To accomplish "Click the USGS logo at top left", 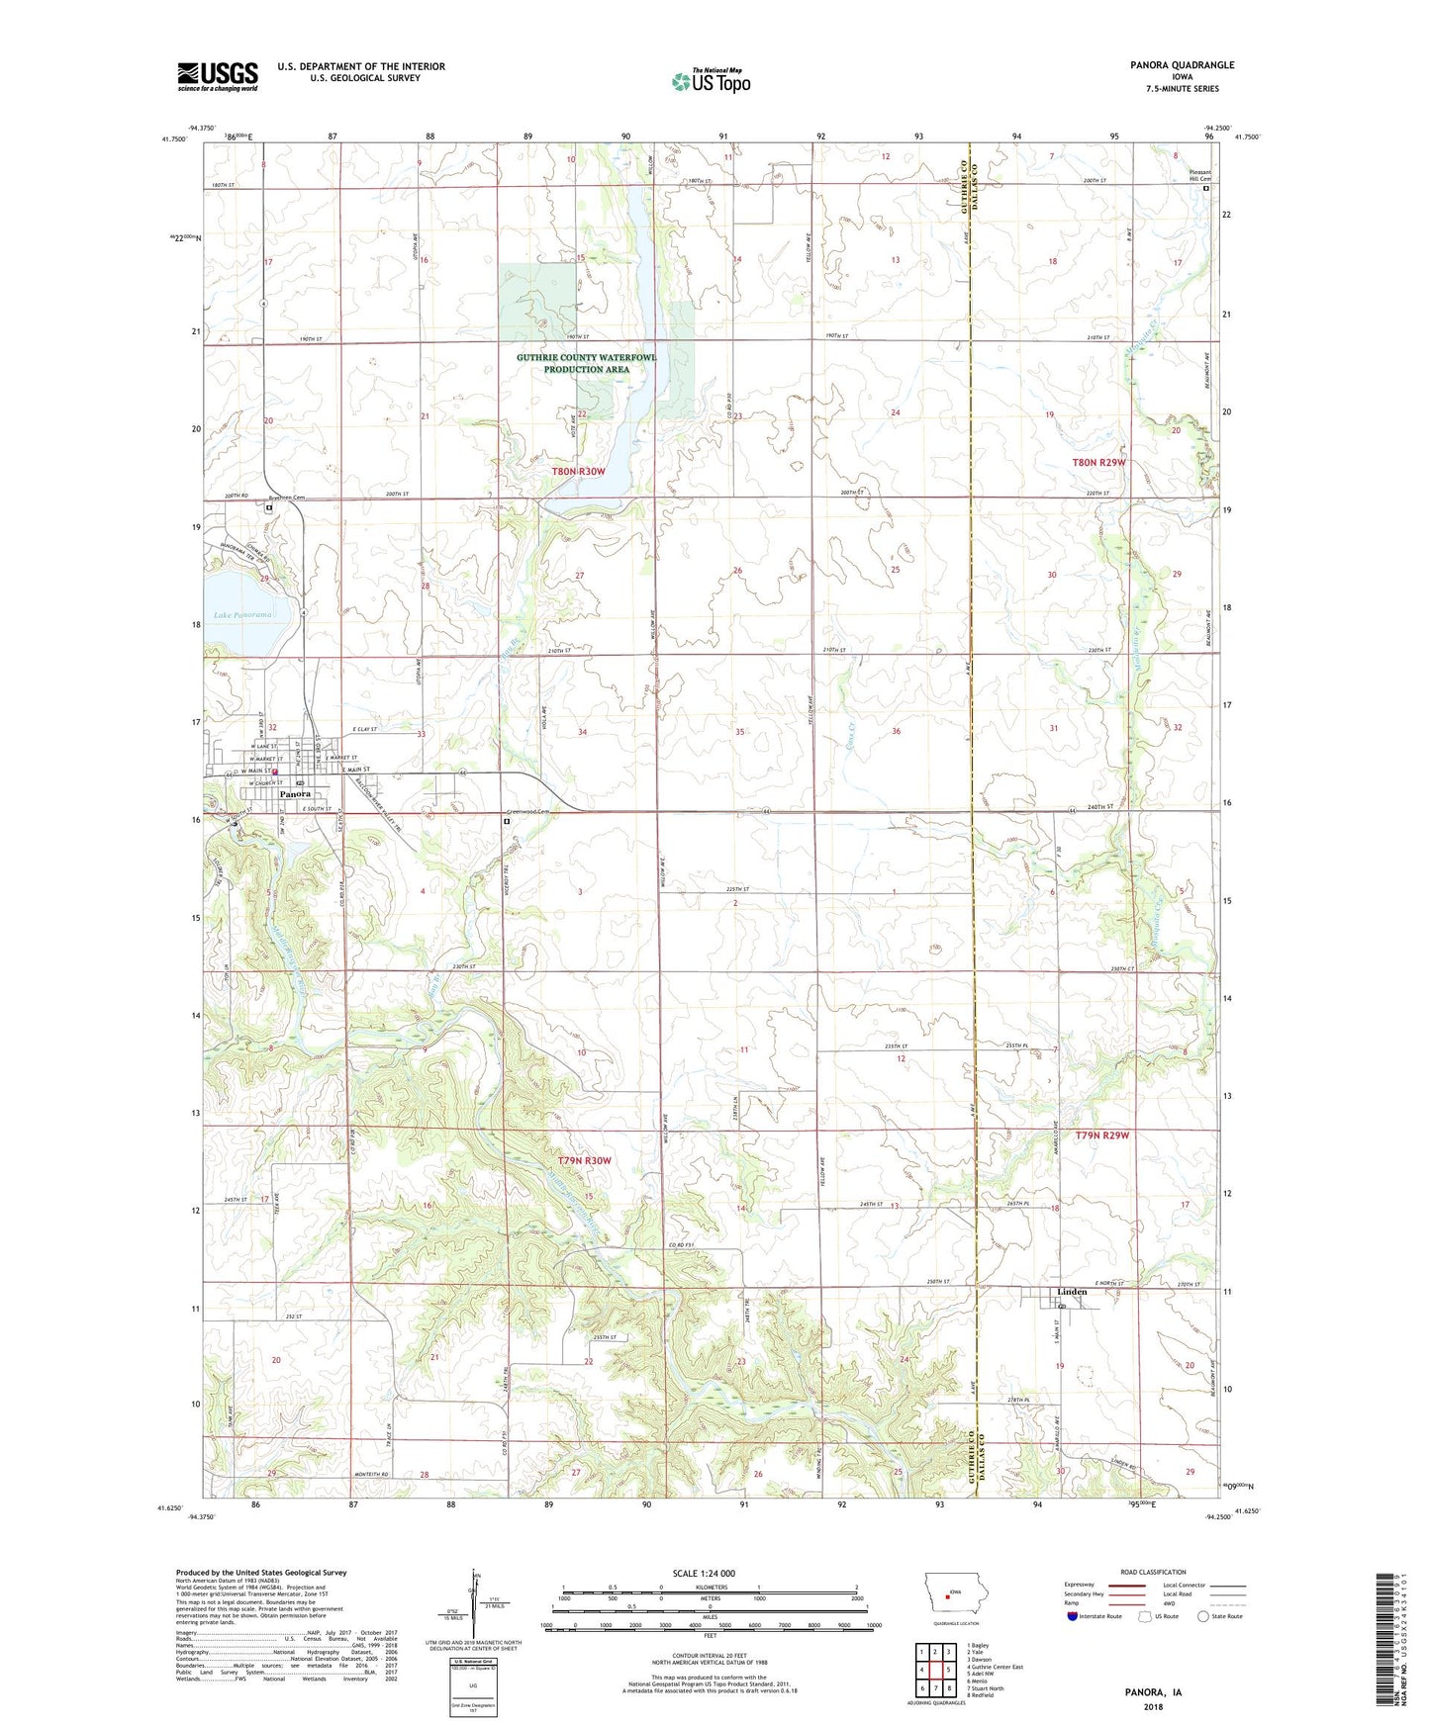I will (x=217, y=76).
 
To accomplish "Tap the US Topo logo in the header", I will (x=710, y=82).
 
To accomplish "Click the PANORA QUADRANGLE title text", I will (x=1182, y=65).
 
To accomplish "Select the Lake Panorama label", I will (x=237, y=614).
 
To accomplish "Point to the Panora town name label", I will (x=295, y=794).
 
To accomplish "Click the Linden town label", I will (x=1072, y=1292).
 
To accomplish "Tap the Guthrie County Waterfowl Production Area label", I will (x=586, y=363).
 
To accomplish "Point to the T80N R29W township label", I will (x=1098, y=463).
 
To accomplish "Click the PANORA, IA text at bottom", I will (x=1153, y=1692).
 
